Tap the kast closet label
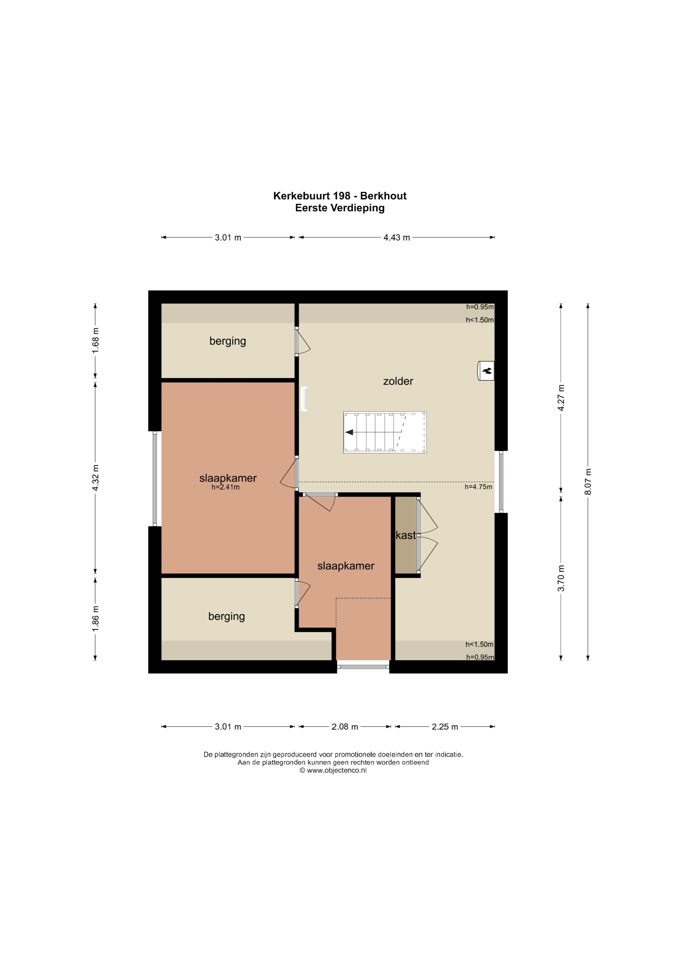[406, 535]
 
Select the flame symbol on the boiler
[488, 371]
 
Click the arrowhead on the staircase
[349, 432]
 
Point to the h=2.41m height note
[225, 487]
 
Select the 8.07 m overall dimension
[588, 481]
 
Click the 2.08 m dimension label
[345, 727]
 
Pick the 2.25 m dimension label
[445, 727]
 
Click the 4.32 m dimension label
[96, 478]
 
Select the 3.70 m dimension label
[561, 578]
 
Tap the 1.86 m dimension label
[96, 618]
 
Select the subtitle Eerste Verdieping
[340, 208]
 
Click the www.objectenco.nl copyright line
[333, 770]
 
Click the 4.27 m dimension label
[561, 397]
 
